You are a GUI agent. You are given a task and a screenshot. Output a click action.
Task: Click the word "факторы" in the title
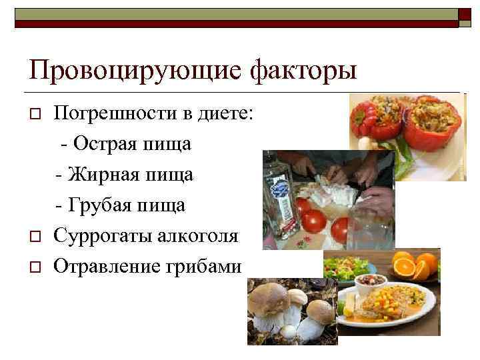click(x=303, y=71)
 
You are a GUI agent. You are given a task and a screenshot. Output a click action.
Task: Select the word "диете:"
click(x=225, y=113)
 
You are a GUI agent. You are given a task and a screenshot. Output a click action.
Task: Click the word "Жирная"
click(x=105, y=175)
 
